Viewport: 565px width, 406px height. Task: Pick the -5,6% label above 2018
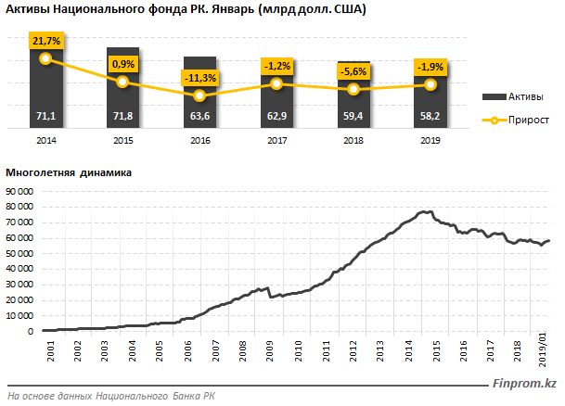click(x=353, y=71)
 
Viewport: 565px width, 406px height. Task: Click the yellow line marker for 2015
click(x=122, y=82)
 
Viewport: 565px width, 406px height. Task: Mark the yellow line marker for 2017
click(x=276, y=83)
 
